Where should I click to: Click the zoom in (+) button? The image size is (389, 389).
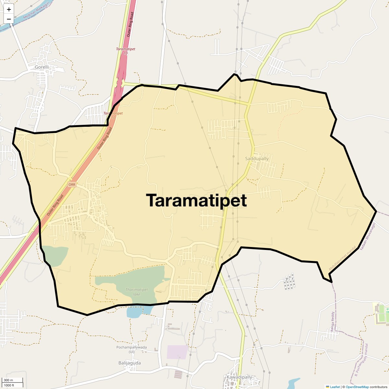[x=9, y=9]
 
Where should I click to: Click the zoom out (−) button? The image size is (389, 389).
[x=9, y=19]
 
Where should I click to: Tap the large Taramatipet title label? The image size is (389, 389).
[x=196, y=200]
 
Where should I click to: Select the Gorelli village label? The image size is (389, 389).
[x=42, y=67]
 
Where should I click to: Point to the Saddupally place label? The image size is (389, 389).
[x=257, y=159]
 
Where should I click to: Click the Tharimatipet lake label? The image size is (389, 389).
[x=136, y=292]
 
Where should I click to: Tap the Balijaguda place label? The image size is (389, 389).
[x=130, y=363]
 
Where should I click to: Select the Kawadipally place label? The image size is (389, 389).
[x=239, y=377]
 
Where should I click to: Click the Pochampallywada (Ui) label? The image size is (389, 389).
[x=131, y=349]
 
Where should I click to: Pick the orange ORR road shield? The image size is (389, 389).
[x=72, y=184]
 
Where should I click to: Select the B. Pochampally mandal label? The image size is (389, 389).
[x=361, y=360]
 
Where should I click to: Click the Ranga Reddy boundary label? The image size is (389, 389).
[x=332, y=321]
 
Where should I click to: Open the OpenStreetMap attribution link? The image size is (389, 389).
[x=357, y=387]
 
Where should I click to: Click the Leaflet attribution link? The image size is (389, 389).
[x=335, y=387]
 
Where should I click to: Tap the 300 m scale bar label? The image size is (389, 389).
[x=8, y=380]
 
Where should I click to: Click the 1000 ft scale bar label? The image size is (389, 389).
[x=9, y=385]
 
